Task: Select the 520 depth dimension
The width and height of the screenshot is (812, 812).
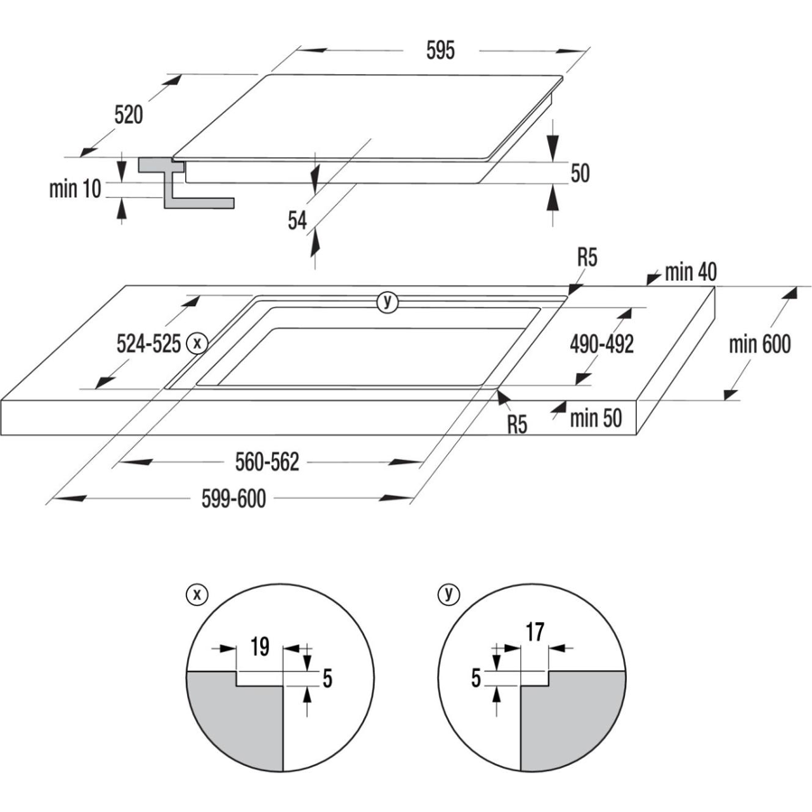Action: point(129,115)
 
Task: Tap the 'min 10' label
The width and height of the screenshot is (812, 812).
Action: point(76,189)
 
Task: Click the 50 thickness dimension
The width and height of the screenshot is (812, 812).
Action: point(579,173)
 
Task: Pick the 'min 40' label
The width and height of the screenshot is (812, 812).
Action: point(691,271)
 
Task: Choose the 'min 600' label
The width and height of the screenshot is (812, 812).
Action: point(761,343)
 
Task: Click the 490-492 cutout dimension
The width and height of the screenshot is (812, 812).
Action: point(602,344)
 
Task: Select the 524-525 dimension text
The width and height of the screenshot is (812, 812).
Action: point(149,343)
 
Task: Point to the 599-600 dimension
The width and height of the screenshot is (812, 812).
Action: point(233,499)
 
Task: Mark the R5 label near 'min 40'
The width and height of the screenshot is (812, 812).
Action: point(587,258)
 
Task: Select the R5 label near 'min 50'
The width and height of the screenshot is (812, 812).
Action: point(516,425)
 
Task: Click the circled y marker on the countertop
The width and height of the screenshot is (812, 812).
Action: point(387,302)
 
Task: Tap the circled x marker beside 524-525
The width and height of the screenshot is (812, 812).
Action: point(197,343)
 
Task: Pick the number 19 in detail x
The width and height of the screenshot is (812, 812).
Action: point(258,646)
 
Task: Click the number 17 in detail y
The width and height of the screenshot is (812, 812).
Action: point(535,632)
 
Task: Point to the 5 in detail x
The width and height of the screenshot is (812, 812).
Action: point(327,677)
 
